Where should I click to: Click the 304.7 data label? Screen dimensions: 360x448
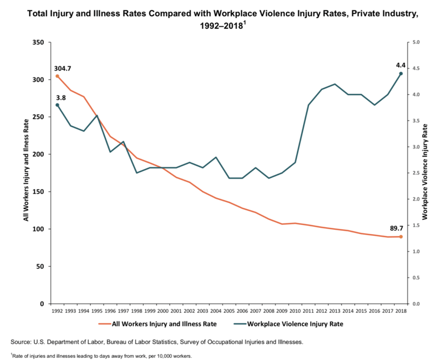[x=63, y=69]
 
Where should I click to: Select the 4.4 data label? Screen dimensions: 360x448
[x=401, y=65]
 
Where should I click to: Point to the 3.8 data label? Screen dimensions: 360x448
[x=61, y=98]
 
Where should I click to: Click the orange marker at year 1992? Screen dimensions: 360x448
[x=57, y=76]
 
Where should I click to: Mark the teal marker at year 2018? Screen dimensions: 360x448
[x=401, y=73]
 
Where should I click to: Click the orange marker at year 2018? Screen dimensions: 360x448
[x=401, y=237]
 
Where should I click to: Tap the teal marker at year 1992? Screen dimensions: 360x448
[x=57, y=105]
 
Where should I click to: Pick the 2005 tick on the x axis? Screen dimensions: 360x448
[x=229, y=311]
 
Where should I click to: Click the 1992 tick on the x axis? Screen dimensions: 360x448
[x=57, y=311]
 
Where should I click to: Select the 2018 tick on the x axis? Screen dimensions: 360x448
[x=401, y=311]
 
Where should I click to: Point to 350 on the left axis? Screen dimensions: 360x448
[x=38, y=42]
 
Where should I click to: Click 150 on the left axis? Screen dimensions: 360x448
[x=38, y=192]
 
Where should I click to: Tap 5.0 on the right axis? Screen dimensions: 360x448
[x=417, y=42]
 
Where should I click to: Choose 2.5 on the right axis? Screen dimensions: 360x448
[x=417, y=173]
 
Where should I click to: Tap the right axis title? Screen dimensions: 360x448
[x=425, y=172]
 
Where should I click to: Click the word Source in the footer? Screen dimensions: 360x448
[x=22, y=342]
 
